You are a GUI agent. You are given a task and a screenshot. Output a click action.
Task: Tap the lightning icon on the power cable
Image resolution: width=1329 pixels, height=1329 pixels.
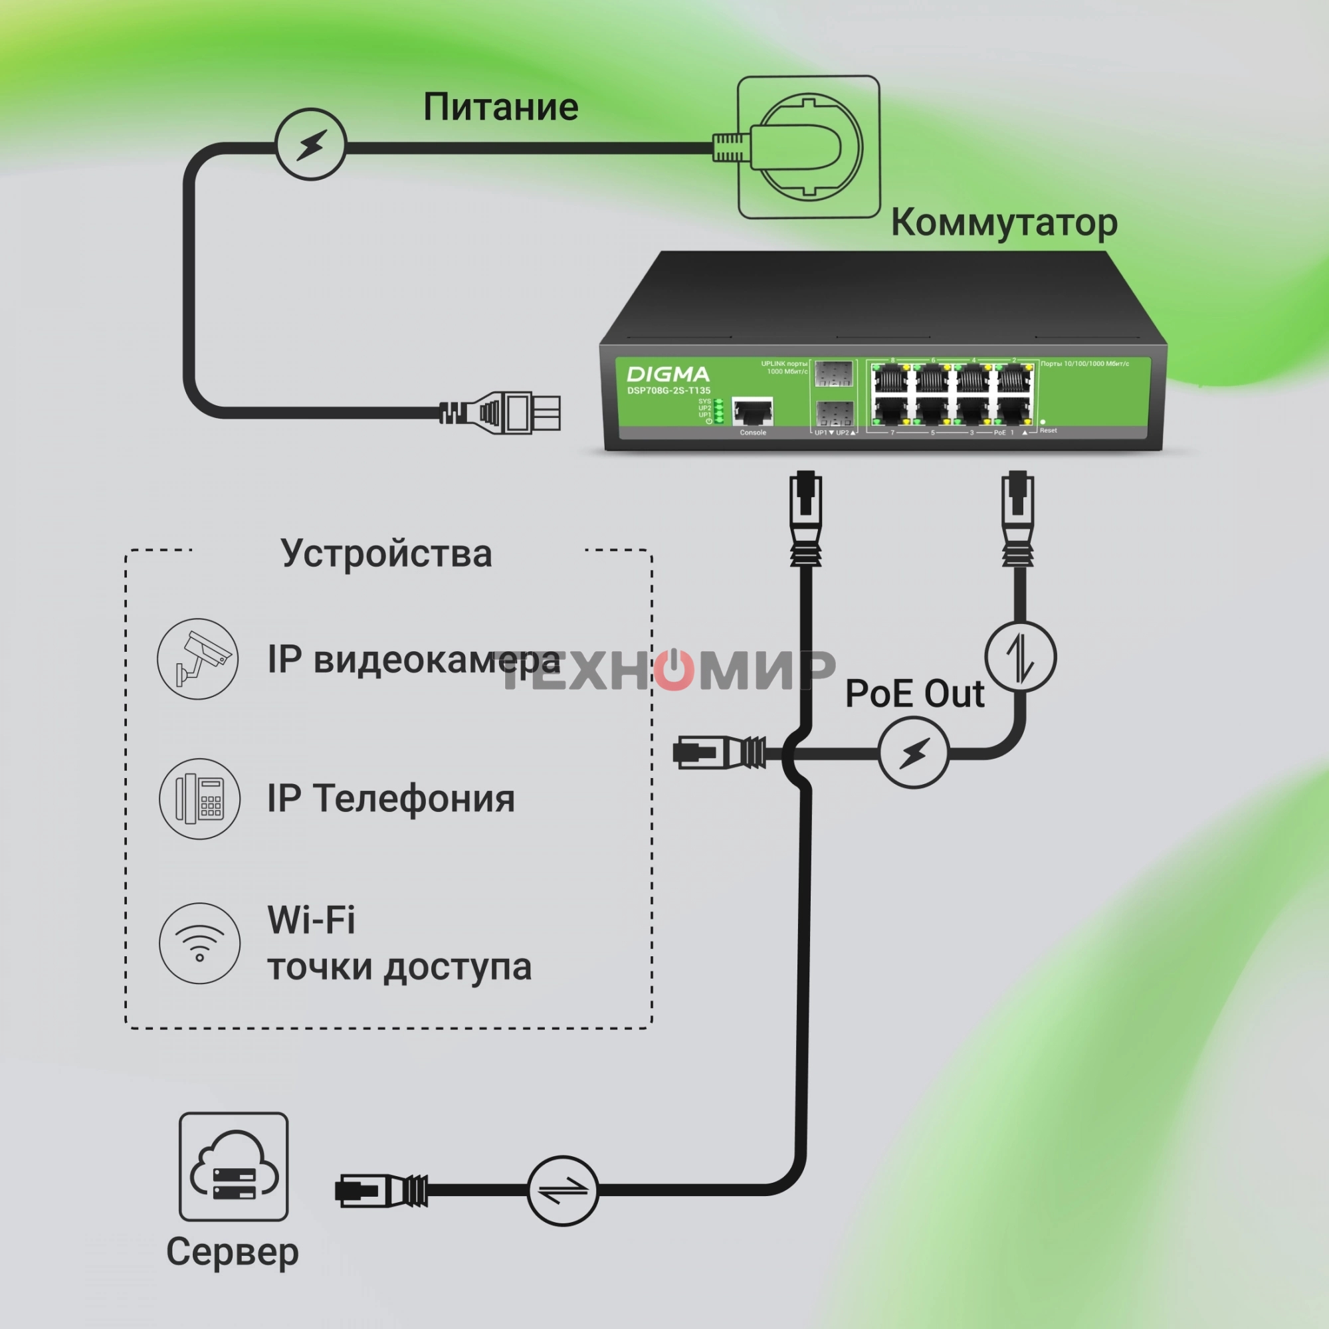[x=311, y=144]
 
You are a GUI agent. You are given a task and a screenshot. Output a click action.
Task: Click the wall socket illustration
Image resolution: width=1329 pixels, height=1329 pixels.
[x=808, y=148]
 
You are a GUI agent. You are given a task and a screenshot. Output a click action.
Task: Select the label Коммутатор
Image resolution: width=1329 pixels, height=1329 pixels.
[x=1003, y=223]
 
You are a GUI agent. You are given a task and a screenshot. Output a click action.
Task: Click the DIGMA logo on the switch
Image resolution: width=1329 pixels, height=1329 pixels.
[x=667, y=374]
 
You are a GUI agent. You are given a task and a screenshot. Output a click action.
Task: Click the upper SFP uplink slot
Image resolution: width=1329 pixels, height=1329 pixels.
[x=833, y=374]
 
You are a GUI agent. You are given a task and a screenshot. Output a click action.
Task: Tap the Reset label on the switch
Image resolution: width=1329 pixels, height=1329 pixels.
[x=1049, y=431]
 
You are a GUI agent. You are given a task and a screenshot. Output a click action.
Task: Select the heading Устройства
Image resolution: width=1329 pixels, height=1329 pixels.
[x=387, y=554]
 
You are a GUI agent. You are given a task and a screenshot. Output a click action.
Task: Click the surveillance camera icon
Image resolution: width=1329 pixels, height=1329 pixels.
[x=198, y=659]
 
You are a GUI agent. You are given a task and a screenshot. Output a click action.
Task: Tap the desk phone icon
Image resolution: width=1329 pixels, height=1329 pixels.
[x=199, y=799]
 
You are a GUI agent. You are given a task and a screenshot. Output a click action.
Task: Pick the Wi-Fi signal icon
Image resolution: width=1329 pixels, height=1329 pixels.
[x=199, y=943]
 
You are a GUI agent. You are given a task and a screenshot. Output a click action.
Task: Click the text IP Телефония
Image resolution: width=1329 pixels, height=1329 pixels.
[x=391, y=799]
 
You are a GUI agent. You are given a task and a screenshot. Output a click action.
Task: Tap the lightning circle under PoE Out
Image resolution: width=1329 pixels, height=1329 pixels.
[x=914, y=753]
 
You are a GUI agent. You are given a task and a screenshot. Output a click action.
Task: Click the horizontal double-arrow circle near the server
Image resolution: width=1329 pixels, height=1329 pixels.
[x=562, y=1191]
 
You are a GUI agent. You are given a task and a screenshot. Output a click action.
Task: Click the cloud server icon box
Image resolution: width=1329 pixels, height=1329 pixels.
[x=233, y=1167]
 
